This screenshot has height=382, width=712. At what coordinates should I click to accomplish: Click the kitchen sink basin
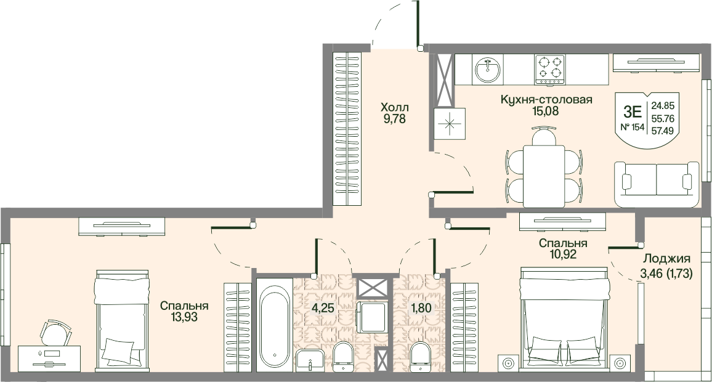(488, 70)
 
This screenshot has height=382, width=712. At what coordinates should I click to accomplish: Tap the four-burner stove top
(549, 70)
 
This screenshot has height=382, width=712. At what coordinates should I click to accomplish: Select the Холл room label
(395, 108)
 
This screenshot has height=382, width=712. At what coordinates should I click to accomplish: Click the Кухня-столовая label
(546, 99)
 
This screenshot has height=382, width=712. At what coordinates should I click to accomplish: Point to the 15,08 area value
(546, 111)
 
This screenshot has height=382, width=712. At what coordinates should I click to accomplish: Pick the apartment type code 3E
(632, 111)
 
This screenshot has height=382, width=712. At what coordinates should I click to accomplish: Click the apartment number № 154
(632, 127)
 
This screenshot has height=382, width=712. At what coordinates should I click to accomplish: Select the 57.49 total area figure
(663, 131)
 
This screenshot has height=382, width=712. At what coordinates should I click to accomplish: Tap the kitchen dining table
(544, 176)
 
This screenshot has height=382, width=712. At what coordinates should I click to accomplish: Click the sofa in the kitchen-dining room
(657, 184)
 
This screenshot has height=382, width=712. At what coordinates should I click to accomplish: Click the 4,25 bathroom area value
(323, 308)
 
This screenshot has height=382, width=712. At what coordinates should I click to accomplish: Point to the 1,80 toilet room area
(421, 308)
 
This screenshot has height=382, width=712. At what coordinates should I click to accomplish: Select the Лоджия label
(666, 259)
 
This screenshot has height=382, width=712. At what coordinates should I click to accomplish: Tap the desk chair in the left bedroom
(56, 333)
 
